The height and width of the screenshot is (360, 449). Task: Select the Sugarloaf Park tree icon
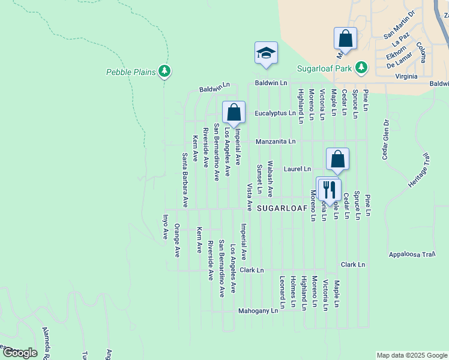pos(361,68)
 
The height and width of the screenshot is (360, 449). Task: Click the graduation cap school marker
pos(266,53)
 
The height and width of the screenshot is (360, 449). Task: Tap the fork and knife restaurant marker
pos(328,189)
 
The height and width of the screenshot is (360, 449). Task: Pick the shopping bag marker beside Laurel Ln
pos(338,160)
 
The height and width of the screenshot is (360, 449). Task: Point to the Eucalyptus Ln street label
pos(275,113)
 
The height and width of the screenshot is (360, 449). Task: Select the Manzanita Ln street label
pos(276,142)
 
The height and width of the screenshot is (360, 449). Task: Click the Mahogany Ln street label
pos(258,311)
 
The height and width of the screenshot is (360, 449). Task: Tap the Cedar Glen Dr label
pos(387,139)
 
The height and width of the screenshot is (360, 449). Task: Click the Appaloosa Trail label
pos(411,254)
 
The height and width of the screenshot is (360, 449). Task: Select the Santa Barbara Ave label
pos(185,179)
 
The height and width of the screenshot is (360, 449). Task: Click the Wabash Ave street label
pos(270,179)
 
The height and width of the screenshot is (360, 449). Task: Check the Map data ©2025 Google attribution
pos(412,355)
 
